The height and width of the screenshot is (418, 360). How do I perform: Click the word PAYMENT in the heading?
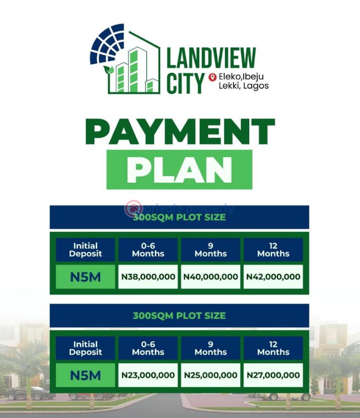pyautogui.click(x=180, y=132)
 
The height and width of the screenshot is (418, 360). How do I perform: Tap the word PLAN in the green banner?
pyautogui.click(x=179, y=170)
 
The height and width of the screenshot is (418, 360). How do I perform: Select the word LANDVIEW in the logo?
pyautogui.click(x=211, y=58)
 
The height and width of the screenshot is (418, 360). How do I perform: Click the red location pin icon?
pyautogui.click(x=213, y=77)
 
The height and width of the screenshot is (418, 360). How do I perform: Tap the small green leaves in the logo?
pyautogui.click(x=108, y=70)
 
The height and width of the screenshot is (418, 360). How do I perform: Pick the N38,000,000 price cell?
pyautogui.click(x=148, y=277)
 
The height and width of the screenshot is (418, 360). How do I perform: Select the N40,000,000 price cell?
pyautogui.click(x=211, y=277)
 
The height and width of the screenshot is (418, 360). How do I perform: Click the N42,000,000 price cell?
pyautogui.click(x=273, y=277)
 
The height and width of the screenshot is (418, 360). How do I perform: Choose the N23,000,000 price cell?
pyautogui.click(x=148, y=375)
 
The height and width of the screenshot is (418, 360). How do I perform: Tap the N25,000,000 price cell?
pyautogui.click(x=211, y=375)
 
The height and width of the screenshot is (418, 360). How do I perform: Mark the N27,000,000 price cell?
pyautogui.click(x=273, y=375)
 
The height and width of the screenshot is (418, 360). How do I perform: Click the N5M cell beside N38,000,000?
pyautogui.click(x=85, y=277)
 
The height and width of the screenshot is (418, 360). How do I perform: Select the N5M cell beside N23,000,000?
pyautogui.click(x=85, y=375)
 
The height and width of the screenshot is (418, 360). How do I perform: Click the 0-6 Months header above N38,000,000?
pyautogui.click(x=148, y=250)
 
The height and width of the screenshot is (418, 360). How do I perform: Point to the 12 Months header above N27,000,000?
pyautogui.click(x=273, y=348)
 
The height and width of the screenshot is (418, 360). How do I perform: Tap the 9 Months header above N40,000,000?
pyautogui.click(x=211, y=250)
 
